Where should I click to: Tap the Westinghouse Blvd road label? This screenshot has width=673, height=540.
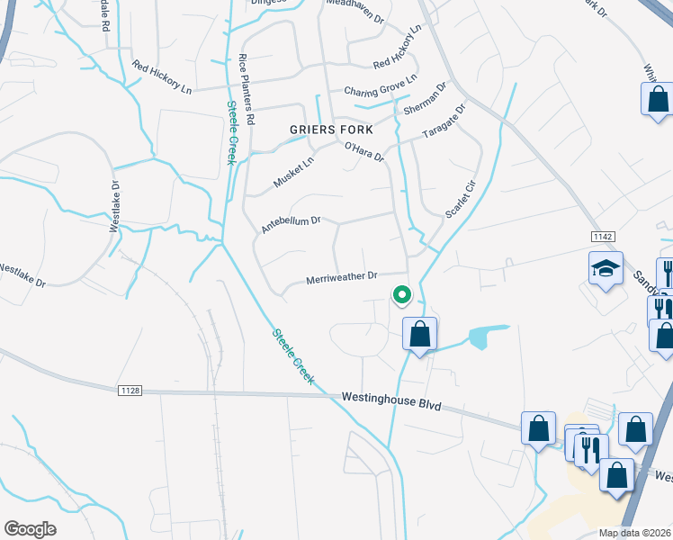(x=391, y=400)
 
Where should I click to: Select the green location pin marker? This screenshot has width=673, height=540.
(x=401, y=294)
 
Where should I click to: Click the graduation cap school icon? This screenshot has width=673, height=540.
(x=606, y=268)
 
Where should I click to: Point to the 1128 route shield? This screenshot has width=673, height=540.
(x=130, y=390)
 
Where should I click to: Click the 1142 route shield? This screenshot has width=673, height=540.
(x=603, y=236)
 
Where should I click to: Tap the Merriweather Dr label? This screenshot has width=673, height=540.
(x=341, y=278)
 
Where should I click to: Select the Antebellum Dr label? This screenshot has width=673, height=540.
(x=290, y=223)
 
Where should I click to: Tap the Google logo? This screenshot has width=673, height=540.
(x=31, y=529)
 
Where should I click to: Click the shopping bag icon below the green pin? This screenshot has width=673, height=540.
(x=419, y=335)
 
